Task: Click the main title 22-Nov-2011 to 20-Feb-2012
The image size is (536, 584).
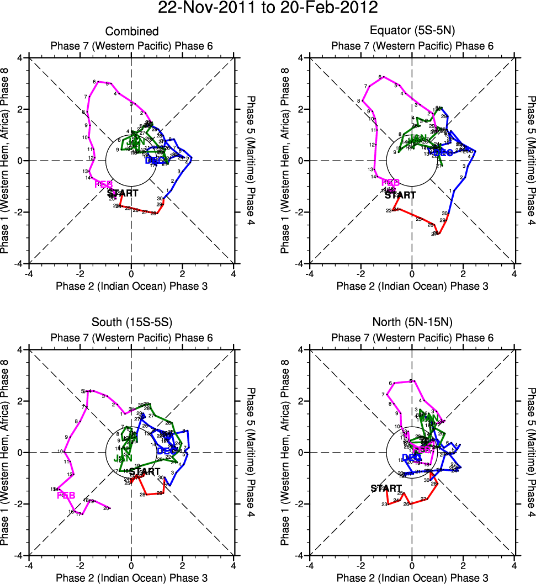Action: [268, 8]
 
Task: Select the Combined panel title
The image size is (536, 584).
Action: [131, 31]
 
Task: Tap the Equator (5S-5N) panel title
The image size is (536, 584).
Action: [412, 31]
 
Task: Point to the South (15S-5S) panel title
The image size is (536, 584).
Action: [131, 323]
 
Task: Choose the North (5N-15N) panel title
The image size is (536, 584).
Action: [412, 323]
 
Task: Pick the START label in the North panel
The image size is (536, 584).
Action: [386, 488]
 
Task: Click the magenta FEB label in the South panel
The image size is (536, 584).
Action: [66, 495]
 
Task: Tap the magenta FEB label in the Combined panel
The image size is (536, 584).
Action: [104, 184]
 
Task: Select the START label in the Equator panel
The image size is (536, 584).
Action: [400, 195]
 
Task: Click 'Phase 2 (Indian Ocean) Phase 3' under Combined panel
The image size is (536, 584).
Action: [131, 285]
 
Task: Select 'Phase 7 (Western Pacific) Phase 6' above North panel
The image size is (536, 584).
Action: [412, 337]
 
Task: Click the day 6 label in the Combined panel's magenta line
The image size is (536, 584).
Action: [94, 82]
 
